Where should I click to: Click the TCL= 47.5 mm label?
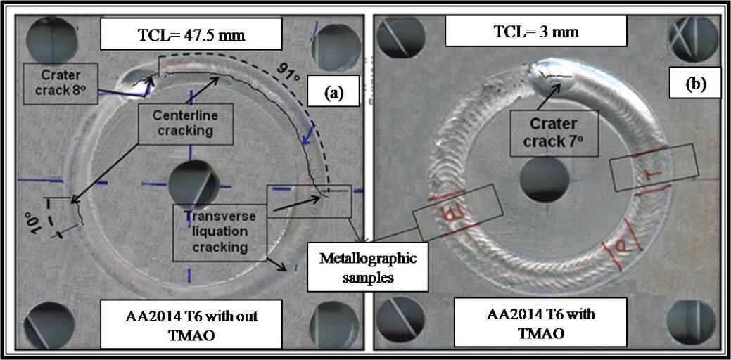click(191, 34)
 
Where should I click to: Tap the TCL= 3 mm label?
click(536, 31)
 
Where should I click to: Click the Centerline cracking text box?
click(185, 124)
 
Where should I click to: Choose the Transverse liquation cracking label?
click(220, 231)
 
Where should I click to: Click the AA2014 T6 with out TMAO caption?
click(191, 324)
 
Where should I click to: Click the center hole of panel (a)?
click(193, 185)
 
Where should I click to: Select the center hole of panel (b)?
click(545, 180)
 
